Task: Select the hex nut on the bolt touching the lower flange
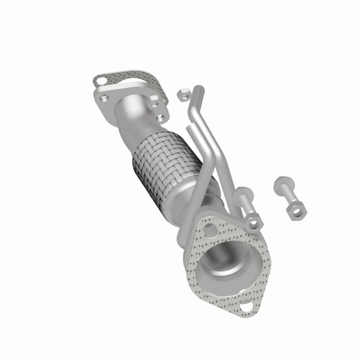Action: (x=254, y=220)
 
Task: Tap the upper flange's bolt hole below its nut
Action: (x=160, y=117)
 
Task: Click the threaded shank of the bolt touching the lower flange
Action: (x=247, y=205)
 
